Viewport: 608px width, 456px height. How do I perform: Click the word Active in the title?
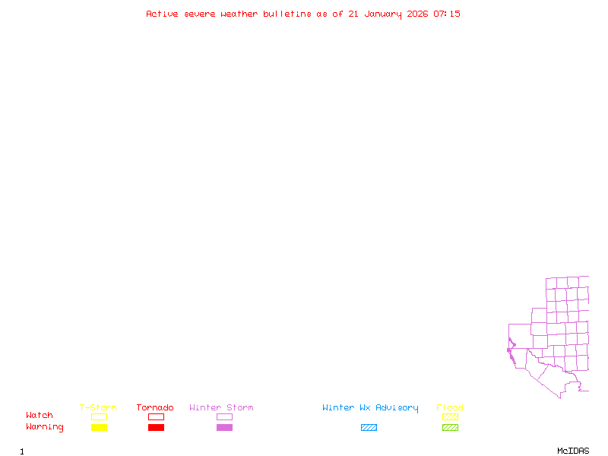pos(162,14)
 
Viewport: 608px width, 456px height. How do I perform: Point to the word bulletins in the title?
pos(287,14)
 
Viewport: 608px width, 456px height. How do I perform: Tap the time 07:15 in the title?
pos(447,14)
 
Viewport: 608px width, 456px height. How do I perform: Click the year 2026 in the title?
pos(417,14)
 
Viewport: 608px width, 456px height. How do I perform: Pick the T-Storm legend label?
pos(98,408)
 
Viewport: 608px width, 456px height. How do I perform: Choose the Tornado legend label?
pos(155,408)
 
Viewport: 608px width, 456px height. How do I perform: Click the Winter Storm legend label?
pos(221,408)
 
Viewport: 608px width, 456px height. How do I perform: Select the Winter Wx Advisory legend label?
pos(370,408)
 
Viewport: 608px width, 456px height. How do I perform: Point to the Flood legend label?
pos(450,408)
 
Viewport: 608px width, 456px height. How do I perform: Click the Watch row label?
pos(40,416)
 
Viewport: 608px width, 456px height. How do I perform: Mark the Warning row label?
pos(45,427)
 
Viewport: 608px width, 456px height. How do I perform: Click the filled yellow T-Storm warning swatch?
pos(99,428)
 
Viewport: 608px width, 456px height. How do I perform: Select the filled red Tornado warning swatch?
pos(156,428)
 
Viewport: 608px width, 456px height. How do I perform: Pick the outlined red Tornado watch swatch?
pos(156,416)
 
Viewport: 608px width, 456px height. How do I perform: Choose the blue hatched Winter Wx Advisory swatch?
pos(369,428)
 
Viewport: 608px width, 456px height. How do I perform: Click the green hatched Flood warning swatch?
pos(450,428)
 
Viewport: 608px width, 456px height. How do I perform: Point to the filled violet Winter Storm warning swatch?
pos(224,428)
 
